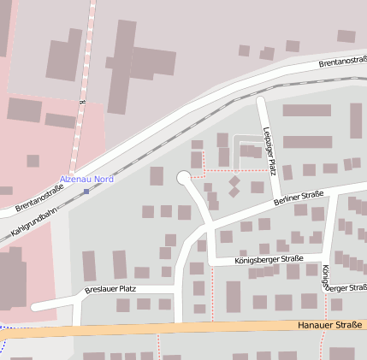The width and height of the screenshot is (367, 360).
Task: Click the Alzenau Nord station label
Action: [86, 179]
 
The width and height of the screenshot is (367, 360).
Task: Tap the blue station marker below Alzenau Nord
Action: [86, 191]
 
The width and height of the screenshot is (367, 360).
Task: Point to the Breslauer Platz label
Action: [111, 290]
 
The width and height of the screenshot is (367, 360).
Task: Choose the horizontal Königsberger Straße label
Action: [269, 258]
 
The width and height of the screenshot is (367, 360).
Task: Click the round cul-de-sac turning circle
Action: [184, 178]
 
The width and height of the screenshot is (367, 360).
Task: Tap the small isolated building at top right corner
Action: [346, 36]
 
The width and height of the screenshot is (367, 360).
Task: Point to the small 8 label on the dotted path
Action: [84, 101]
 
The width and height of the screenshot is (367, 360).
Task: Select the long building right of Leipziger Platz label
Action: [307, 142]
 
